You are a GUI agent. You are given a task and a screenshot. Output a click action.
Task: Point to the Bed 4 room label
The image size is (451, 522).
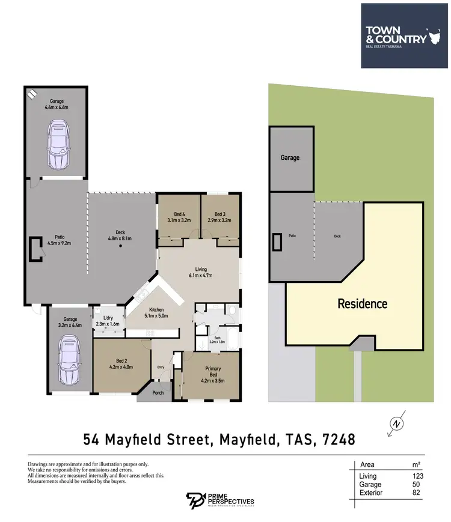178,217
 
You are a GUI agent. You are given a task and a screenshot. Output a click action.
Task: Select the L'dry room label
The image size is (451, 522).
109,320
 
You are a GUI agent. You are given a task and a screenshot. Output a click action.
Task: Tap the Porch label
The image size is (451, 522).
158,394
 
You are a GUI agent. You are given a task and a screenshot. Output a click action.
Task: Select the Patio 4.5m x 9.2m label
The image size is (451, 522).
58,240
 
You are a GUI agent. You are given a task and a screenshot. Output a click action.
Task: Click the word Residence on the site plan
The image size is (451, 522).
362,303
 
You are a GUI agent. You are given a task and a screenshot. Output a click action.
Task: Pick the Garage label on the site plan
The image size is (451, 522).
290,158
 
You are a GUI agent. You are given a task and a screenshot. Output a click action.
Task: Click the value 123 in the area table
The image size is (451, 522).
414,475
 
